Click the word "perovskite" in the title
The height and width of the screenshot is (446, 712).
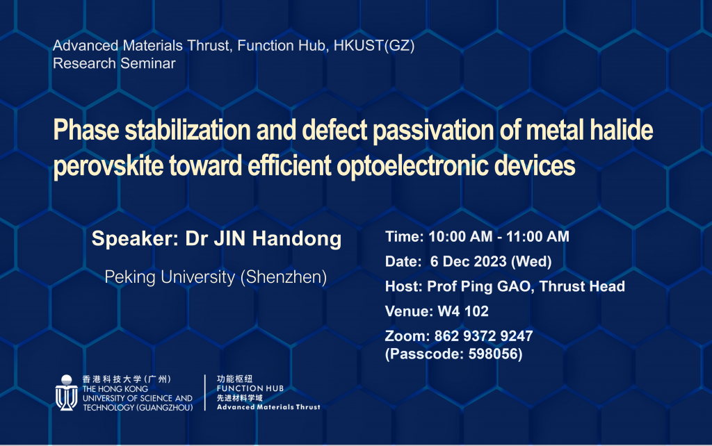(108, 166)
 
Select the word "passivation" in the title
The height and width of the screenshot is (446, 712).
(432, 131)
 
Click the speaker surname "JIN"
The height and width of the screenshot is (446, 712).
(229, 239)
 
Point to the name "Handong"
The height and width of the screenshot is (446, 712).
(297, 239)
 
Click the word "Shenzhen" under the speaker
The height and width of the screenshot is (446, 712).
(284, 277)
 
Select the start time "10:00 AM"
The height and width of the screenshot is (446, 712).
(460, 236)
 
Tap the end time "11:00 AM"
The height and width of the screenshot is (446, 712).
(537, 236)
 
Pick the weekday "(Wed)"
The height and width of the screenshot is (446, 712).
(531, 262)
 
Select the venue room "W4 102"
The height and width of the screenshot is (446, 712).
(463, 311)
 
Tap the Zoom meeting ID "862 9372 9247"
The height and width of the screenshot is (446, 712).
(484, 336)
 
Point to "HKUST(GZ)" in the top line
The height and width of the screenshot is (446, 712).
(374, 46)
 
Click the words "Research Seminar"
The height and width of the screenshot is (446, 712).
(114, 63)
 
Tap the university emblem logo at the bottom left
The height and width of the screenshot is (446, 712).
(66, 393)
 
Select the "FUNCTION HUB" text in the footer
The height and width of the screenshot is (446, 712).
(250, 388)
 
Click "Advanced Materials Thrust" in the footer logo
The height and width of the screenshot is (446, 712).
(268, 407)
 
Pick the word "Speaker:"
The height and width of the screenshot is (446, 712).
(136, 239)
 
